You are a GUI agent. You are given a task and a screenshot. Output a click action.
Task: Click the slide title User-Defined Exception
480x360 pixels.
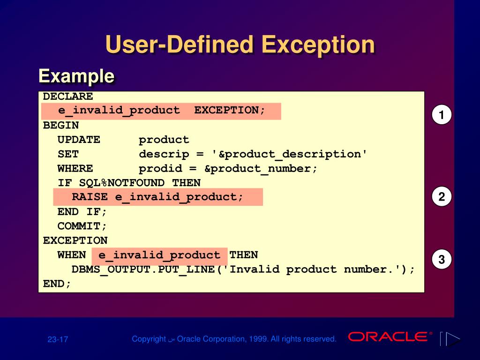click(240, 45)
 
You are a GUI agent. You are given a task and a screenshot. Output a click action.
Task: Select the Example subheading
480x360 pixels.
click(76, 76)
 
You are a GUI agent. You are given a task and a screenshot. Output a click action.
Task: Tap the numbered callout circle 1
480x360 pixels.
click(442, 115)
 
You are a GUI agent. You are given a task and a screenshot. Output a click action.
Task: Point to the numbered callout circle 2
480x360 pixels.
click(442, 197)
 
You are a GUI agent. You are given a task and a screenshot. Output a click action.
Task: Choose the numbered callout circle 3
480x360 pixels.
click(442, 259)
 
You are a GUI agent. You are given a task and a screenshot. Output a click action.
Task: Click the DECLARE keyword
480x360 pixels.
click(68, 97)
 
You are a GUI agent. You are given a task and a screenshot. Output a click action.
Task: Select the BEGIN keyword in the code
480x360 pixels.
click(61, 126)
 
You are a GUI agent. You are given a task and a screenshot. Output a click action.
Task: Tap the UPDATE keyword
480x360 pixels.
click(79, 140)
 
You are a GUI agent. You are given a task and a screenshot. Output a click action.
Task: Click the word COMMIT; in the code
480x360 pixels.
click(82, 226)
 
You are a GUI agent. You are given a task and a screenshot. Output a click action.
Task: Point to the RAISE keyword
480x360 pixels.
click(90, 197)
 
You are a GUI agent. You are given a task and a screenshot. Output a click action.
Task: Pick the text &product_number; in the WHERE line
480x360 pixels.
click(261, 169)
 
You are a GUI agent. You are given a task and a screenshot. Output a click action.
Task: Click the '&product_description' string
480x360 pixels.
click(290, 154)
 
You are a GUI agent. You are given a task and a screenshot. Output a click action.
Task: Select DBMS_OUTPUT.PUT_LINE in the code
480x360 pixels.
click(143, 270)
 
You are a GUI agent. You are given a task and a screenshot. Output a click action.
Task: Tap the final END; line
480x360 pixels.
click(57, 284)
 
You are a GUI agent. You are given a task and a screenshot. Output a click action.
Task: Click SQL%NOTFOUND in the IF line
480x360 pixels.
click(122, 183)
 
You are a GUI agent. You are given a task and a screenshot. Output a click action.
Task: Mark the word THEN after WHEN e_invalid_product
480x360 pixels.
click(244, 255)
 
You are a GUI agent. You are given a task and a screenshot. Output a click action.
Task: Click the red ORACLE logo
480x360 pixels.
click(388, 337)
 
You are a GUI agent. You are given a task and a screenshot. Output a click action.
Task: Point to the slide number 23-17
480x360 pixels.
click(58, 339)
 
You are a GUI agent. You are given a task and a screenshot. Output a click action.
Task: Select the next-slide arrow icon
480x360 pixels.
click(452, 339)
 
